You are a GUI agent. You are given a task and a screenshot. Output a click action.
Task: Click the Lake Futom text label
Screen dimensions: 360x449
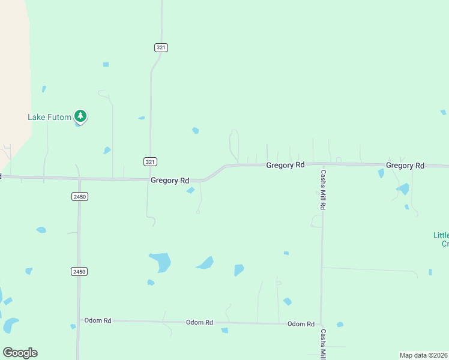49,117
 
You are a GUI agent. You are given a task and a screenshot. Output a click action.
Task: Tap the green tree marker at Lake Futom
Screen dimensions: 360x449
80,116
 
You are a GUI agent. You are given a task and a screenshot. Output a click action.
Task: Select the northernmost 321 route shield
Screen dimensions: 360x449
160,47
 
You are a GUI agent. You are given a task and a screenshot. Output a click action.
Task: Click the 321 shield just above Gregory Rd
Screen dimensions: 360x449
151,162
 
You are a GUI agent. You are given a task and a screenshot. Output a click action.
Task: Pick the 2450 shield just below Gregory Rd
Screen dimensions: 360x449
79,197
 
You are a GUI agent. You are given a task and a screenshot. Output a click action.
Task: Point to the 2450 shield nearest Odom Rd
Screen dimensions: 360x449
79,272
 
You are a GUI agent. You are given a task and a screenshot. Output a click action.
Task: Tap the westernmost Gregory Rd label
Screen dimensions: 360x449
170,180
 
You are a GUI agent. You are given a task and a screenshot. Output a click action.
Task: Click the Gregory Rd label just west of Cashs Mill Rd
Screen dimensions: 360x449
285,164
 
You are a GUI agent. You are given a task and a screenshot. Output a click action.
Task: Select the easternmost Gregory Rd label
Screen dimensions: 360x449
405,166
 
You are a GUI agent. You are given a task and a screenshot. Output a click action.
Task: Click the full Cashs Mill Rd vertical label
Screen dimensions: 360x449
323,190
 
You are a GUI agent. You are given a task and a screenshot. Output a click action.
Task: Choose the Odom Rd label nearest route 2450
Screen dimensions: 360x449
98,321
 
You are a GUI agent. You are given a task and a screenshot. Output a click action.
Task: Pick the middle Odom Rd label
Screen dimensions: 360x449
199,323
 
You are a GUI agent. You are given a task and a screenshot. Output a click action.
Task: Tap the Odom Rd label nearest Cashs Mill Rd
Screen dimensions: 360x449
301,324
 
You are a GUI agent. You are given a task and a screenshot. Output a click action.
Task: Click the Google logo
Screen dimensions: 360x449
20,353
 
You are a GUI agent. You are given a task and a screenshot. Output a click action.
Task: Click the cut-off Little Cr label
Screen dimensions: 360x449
441,239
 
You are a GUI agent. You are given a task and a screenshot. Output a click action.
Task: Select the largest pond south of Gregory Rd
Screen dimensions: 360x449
160,262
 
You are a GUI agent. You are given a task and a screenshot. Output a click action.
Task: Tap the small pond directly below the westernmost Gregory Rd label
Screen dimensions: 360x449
190,191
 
